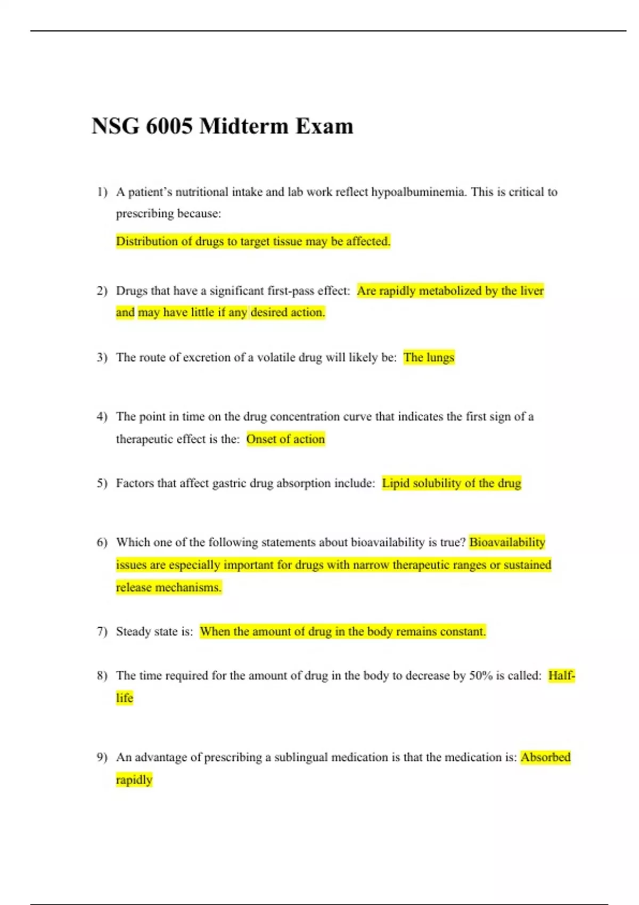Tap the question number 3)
click(x=102, y=357)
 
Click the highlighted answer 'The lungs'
click(x=429, y=357)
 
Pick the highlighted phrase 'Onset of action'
click(x=285, y=439)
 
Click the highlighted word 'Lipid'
click(x=396, y=483)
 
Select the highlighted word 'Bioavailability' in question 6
click(x=507, y=542)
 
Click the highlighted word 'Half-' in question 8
click(x=561, y=676)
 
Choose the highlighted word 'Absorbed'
click(x=545, y=757)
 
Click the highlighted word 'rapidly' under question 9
click(x=134, y=780)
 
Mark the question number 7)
click(x=102, y=631)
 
